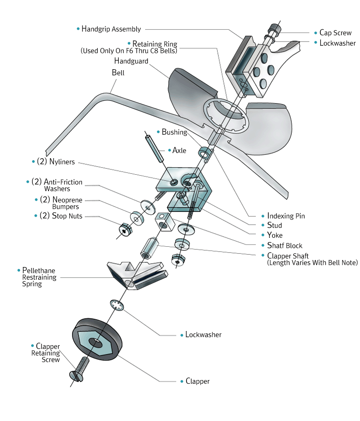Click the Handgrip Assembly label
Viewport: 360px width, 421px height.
[111, 29]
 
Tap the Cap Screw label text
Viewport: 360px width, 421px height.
[335, 33]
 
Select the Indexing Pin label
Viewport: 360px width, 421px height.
[286, 216]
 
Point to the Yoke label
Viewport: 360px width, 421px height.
[274, 235]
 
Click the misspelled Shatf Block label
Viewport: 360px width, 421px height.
[285, 245]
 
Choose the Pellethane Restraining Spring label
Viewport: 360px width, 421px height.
[39, 277]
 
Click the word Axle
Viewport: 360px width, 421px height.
[180, 151]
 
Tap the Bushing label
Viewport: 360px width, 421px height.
[174, 132]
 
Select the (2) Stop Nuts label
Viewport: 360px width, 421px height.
[61, 216]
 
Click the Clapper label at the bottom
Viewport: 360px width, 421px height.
[197, 381]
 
